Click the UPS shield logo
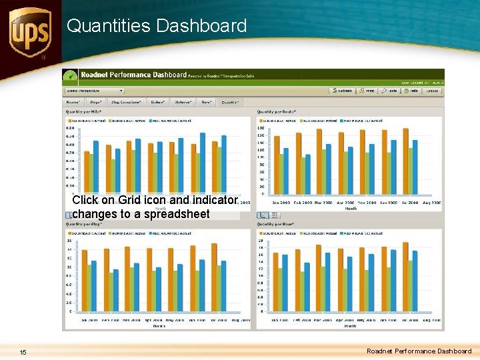(29, 32)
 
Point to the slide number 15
(23, 351)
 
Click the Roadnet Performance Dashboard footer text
(419, 351)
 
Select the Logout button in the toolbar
(432, 91)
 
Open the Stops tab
(96, 102)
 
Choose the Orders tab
(158, 102)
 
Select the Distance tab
(182, 102)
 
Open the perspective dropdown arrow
(121, 91)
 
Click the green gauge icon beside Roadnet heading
(71, 75)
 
